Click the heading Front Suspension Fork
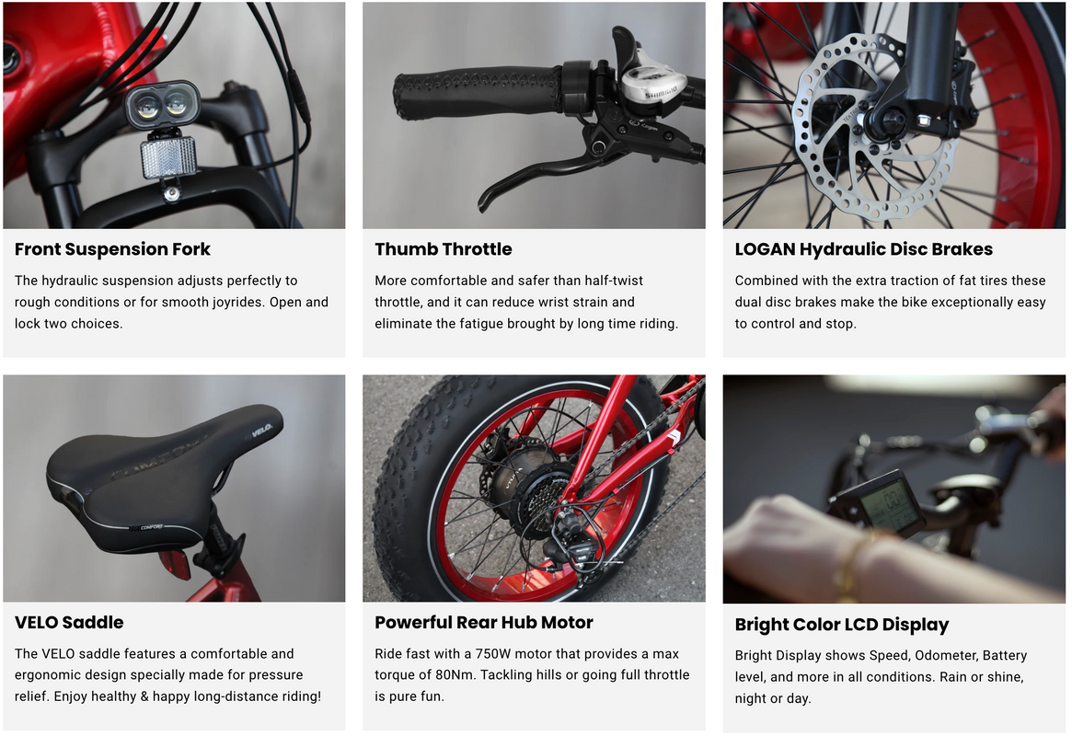click(x=112, y=249)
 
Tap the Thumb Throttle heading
click(x=443, y=249)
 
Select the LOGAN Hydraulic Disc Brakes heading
click(x=863, y=249)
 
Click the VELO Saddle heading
click(x=69, y=623)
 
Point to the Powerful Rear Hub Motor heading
click(x=483, y=623)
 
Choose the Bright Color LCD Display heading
click(x=842, y=625)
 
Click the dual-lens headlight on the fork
click(x=162, y=104)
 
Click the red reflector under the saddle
click(x=175, y=564)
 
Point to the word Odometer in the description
click(x=946, y=655)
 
